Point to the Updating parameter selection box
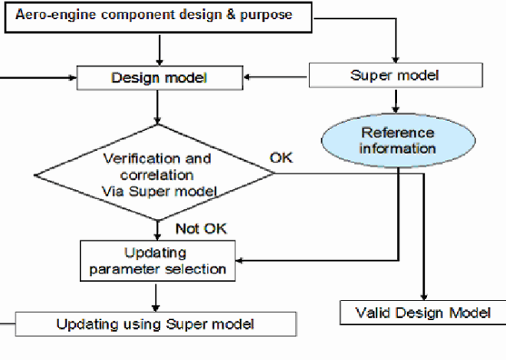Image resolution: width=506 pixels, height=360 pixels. [157, 260]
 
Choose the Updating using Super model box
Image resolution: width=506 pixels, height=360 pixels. [155, 324]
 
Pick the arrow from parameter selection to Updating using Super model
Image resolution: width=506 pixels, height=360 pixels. [157, 297]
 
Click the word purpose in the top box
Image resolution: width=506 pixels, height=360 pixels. [269, 15]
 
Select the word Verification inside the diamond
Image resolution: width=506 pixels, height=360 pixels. [134, 159]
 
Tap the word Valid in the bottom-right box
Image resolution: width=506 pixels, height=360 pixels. [371, 312]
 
